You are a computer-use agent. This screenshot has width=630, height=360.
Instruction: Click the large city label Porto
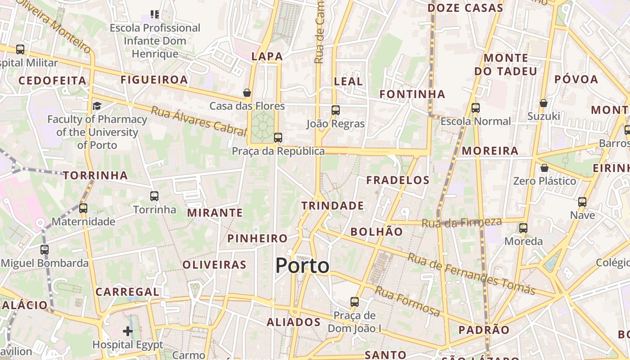302,265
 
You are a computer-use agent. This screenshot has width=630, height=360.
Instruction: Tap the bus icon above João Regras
335,110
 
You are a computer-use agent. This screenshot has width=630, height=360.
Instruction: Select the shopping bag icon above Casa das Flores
247,93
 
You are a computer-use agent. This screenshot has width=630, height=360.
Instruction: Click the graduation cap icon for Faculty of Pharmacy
97,106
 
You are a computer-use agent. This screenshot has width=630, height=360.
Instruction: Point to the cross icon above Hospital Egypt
128,332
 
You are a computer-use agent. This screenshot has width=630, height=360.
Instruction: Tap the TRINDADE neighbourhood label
333,206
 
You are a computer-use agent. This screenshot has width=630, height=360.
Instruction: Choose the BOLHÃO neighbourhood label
377,232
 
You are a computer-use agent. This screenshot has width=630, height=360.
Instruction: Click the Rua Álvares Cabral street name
198,121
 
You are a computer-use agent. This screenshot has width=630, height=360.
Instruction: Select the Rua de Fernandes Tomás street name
471,274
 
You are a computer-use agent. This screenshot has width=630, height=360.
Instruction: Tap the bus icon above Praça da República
278,138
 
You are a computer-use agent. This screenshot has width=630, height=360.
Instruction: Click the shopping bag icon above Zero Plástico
544,168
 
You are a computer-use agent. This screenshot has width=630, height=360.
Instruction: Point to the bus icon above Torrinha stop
154,196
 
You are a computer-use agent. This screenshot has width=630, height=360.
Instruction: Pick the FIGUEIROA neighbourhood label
154,80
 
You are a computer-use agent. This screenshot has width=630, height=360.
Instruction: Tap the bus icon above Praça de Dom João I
355,301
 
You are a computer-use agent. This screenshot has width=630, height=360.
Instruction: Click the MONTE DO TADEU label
506,64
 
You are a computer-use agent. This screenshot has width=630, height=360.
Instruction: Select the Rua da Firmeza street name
461,222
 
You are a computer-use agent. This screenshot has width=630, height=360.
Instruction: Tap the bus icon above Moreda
523,228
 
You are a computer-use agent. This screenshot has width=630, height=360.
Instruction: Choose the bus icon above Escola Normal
476,108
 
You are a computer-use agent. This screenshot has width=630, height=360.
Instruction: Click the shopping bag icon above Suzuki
544,103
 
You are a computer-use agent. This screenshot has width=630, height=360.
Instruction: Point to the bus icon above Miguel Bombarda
44,249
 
